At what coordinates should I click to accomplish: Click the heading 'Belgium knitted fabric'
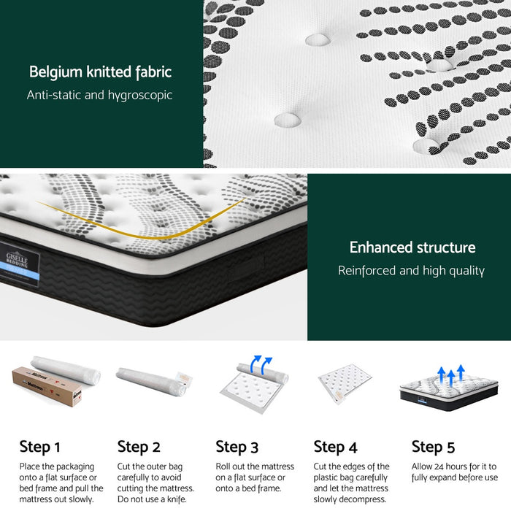[100, 72]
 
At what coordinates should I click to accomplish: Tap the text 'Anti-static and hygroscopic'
[100, 95]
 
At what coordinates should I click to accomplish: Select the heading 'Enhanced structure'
[412, 247]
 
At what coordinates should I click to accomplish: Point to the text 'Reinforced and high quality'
[411, 271]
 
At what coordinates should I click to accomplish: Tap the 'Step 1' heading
[39, 446]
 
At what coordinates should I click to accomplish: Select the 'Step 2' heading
[139, 446]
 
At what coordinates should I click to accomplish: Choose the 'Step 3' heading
[237, 446]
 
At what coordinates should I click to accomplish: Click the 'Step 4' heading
[335, 446]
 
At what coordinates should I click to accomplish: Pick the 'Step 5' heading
[433, 446]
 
